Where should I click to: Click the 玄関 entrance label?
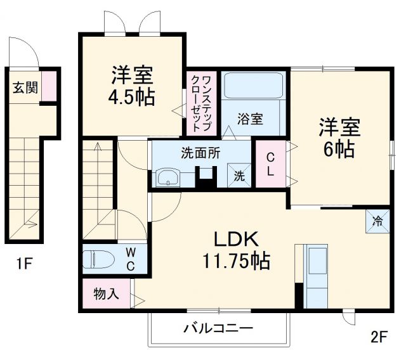tap(25, 87)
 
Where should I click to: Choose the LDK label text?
tap(234, 239)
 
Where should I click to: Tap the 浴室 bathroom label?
tap(251, 118)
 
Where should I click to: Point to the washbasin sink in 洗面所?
tap(168, 177)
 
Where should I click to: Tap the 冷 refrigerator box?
tap(377, 221)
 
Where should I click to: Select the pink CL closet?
tap(270, 164)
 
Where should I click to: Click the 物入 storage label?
tap(105, 294)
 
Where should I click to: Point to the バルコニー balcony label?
tap(218, 328)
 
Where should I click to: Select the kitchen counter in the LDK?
tap(315, 274)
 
